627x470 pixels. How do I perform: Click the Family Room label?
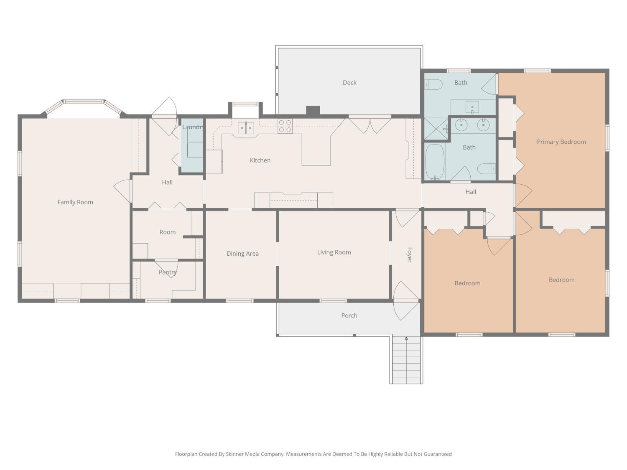click(x=75, y=202)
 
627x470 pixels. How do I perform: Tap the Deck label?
click(x=349, y=82)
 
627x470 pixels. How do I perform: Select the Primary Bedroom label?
click(x=561, y=142)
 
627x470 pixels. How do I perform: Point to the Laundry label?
click(x=193, y=127)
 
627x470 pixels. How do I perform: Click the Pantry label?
click(x=168, y=272)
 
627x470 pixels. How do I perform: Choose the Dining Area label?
click(x=242, y=254)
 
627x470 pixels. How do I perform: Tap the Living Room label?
click(x=334, y=252)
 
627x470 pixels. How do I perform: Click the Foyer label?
click(x=409, y=255)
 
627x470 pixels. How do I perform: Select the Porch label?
click(x=349, y=315)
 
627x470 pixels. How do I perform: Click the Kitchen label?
click(x=260, y=160)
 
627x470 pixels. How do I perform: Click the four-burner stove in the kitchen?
click(x=285, y=126)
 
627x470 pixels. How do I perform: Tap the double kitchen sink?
click(x=246, y=127)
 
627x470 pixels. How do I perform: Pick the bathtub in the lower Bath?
click(x=435, y=162)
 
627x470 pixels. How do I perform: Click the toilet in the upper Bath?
click(x=433, y=84)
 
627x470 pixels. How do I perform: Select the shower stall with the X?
click(x=436, y=129)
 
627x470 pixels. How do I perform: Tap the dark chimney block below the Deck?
click(x=313, y=110)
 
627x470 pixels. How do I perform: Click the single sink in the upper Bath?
click(x=472, y=107)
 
